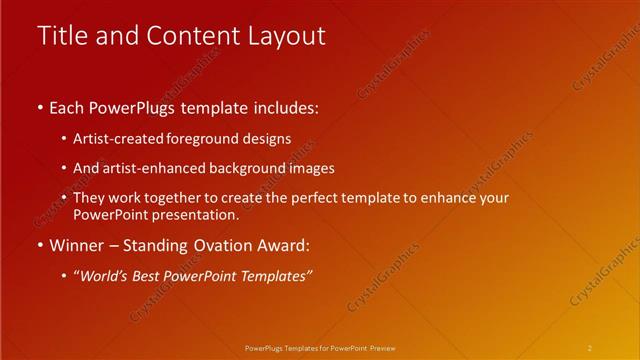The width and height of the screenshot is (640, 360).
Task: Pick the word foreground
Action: [207, 138]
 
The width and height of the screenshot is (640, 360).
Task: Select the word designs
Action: [268, 138]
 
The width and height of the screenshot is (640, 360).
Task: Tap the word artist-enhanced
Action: [158, 168]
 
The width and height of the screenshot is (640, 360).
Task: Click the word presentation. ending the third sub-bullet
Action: [196, 215]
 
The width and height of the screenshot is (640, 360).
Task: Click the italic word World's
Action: [105, 275]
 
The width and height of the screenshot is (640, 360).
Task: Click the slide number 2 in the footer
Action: [590, 347]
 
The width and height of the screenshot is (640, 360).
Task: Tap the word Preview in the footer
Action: [382, 347]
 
